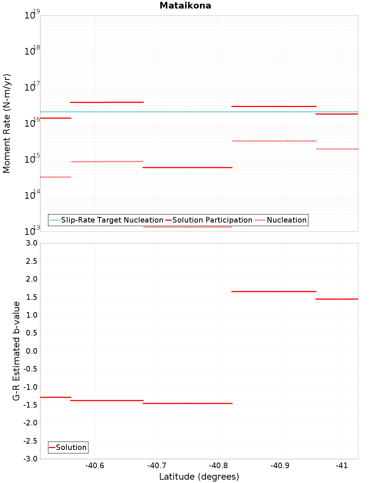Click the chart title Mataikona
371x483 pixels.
(x=185, y=6)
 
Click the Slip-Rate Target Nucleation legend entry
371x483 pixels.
(x=112, y=220)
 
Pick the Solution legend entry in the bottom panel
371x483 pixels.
(x=71, y=447)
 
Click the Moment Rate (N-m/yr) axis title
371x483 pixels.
(x=7, y=123)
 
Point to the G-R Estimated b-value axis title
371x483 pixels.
(x=16, y=351)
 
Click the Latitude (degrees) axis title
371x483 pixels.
(x=199, y=477)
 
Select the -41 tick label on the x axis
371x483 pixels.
(x=341, y=466)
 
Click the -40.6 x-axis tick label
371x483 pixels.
(x=95, y=466)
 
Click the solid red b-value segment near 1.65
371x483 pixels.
(x=274, y=291)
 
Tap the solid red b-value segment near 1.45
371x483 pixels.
(x=336, y=299)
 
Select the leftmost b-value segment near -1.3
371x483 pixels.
(x=55, y=397)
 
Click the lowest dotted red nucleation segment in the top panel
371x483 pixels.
(x=187, y=227)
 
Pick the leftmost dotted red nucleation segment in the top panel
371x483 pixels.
(x=55, y=177)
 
